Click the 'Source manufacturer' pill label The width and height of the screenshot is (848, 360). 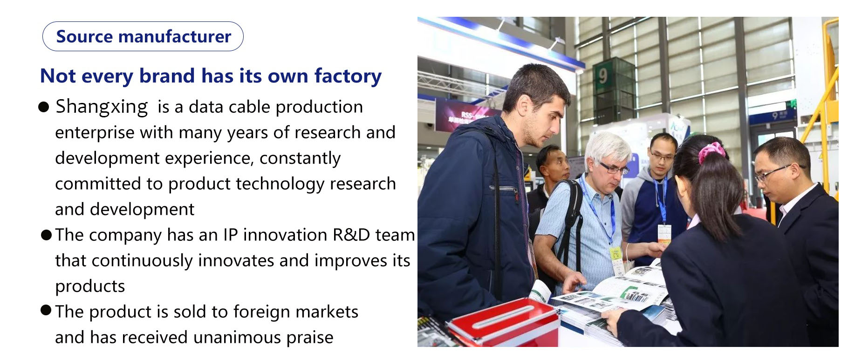pyautogui.click(x=143, y=36)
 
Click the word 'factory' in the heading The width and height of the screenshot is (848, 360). pyautogui.click(x=348, y=76)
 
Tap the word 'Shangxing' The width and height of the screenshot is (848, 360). pyautogui.click(x=102, y=107)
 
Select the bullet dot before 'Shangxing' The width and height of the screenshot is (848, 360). pyautogui.click(x=44, y=108)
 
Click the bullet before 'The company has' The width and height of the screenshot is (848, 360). pyautogui.click(x=46, y=234)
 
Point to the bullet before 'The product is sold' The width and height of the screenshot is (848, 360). pyautogui.click(x=46, y=310)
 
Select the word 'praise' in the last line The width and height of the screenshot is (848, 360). pyautogui.click(x=310, y=338)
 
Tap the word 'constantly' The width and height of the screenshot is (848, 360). pyautogui.click(x=300, y=158)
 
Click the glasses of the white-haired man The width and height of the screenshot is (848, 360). pyautogui.click(x=613, y=167)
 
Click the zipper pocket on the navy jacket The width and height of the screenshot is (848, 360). pyautogui.click(x=505, y=190)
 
